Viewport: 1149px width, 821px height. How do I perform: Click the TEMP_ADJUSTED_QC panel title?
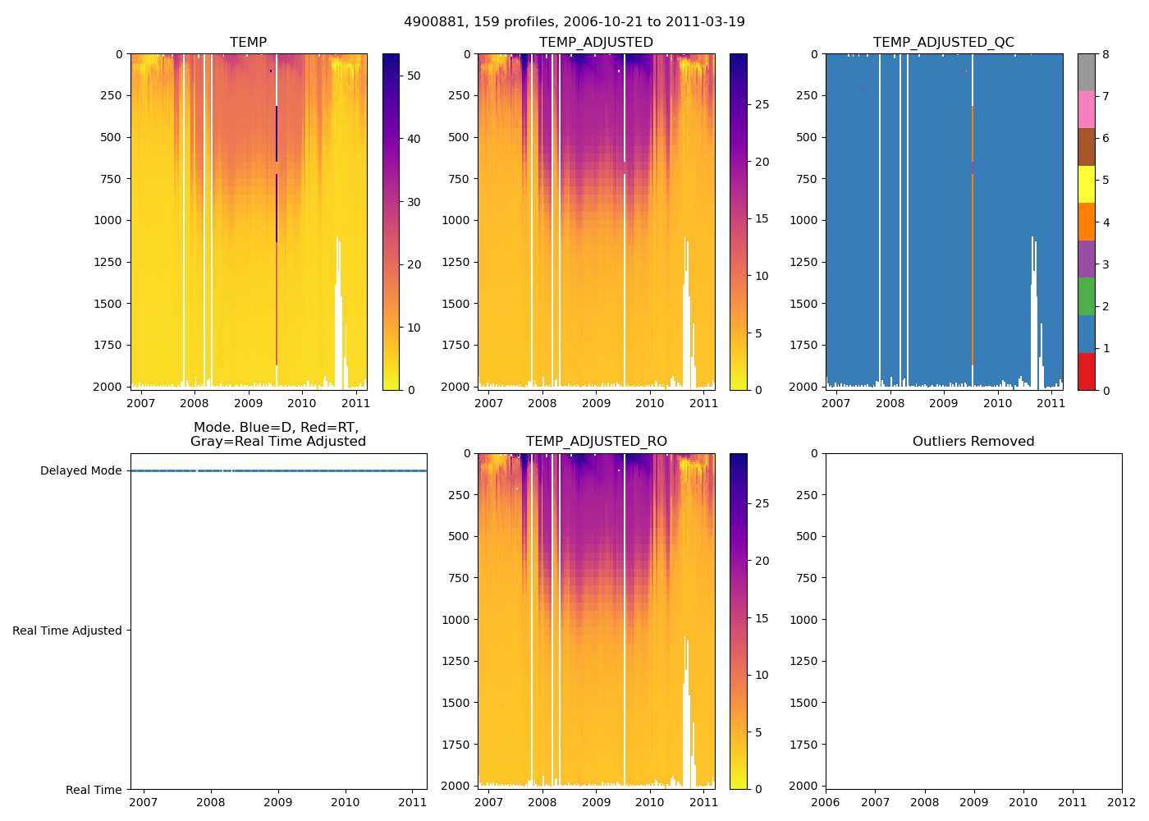[x=944, y=42]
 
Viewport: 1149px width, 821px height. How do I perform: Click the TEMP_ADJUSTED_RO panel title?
[x=596, y=441]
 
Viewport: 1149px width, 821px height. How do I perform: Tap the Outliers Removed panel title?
[x=973, y=441]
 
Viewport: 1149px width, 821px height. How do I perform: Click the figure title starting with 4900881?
[x=574, y=22]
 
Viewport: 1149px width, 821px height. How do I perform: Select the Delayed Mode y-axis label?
[x=80, y=470]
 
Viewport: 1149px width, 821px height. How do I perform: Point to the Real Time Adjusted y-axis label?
[x=67, y=631]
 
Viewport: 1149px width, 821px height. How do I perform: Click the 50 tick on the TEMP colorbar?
[x=414, y=76]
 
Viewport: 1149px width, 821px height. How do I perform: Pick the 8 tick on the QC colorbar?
[x=1106, y=54]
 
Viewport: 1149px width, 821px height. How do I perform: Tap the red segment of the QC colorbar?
[x=1086, y=371]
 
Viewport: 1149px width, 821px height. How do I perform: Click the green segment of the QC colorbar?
[x=1086, y=296]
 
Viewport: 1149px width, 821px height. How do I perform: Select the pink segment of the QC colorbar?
[x=1086, y=109]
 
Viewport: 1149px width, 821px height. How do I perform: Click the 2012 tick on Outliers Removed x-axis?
[x=1121, y=802]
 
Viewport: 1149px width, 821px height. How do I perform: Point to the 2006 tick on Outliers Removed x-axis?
[x=826, y=802]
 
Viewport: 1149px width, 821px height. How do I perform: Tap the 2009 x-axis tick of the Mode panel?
[x=278, y=802]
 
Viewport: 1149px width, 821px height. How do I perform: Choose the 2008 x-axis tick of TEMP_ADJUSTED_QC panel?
[x=890, y=403]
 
